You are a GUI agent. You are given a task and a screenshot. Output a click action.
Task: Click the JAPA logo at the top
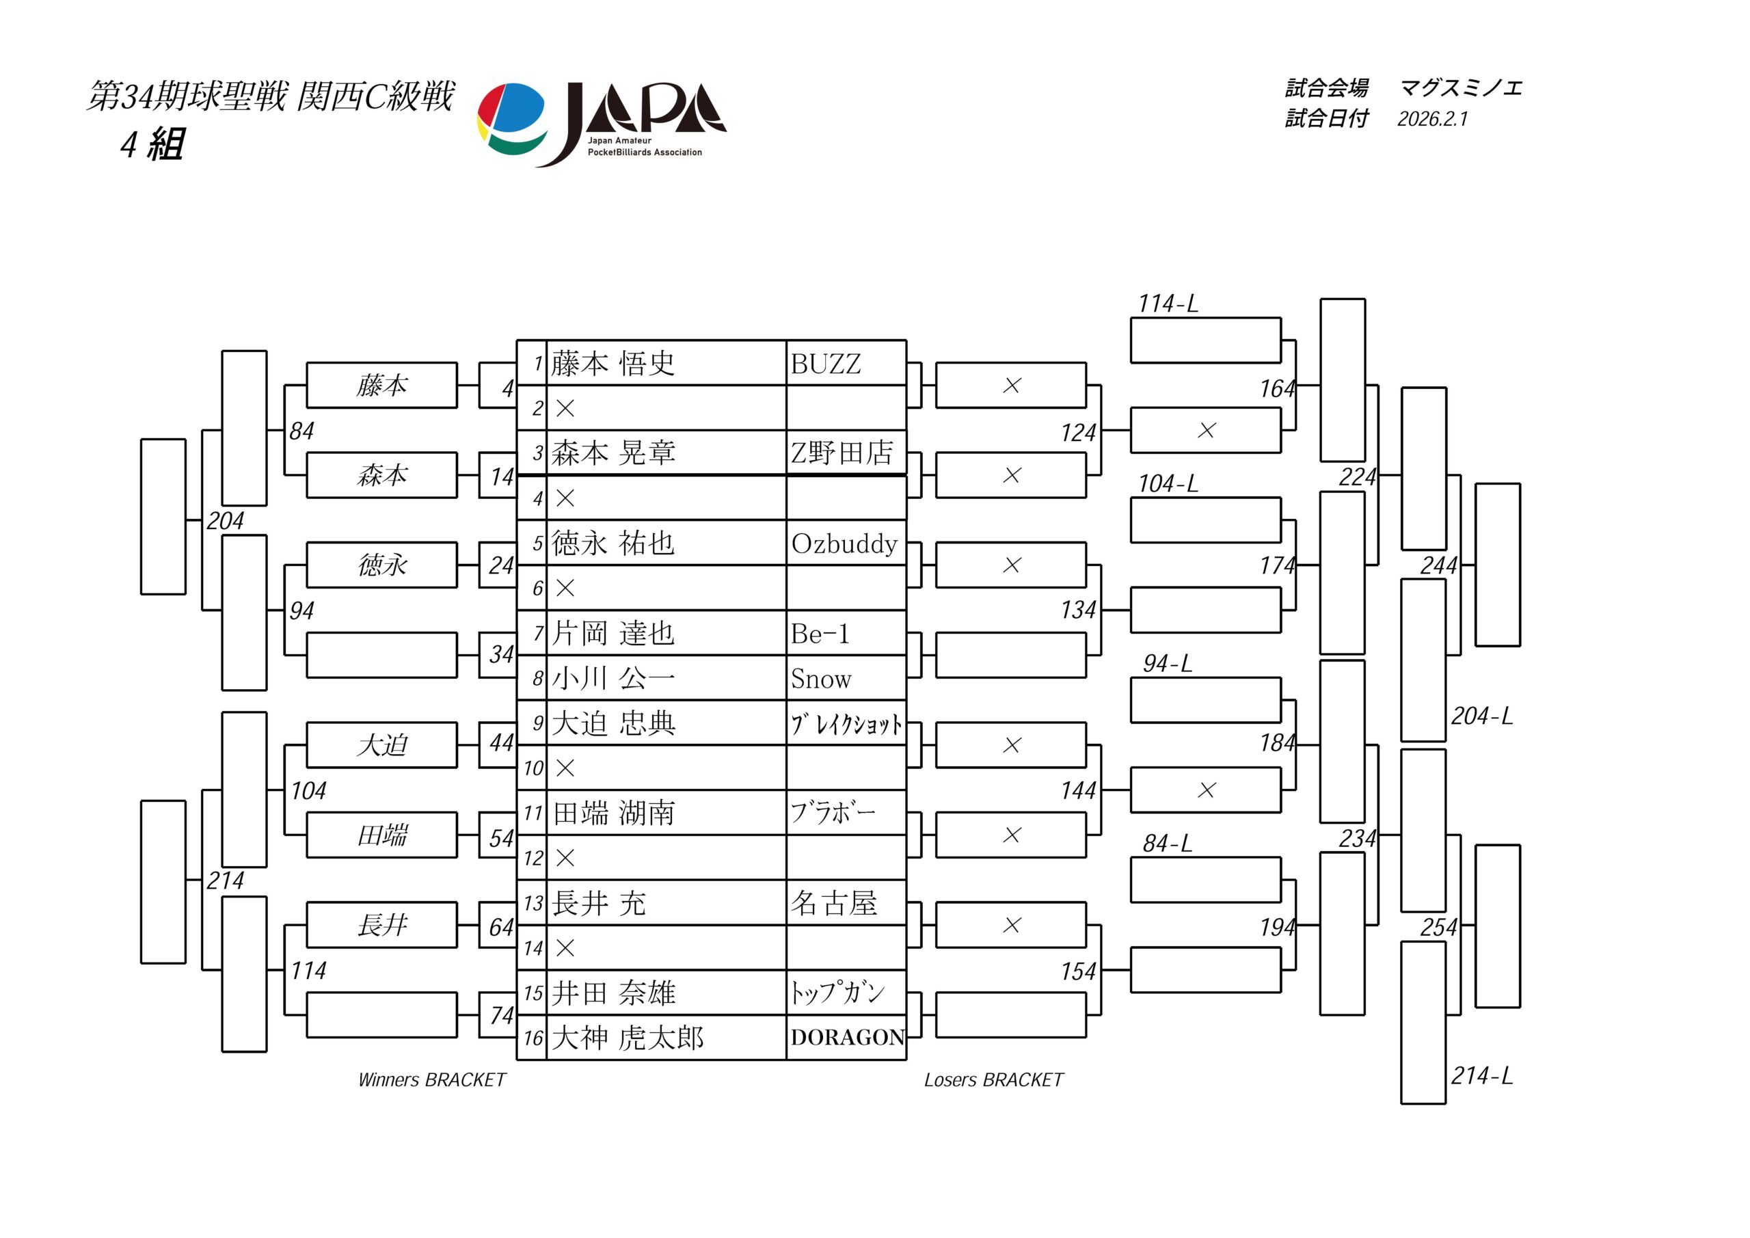pyautogui.click(x=602, y=124)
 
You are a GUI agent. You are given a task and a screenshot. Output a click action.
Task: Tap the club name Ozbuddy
pyautogui.click(x=844, y=543)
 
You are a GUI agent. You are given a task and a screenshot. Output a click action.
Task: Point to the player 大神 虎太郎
pyautogui.click(x=627, y=1038)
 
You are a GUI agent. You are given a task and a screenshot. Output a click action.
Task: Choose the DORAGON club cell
pyautogui.click(x=847, y=1038)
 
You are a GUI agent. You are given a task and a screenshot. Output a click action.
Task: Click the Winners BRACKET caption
pyautogui.click(x=431, y=1079)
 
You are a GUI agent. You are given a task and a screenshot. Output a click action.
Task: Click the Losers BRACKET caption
pyautogui.click(x=993, y=1079)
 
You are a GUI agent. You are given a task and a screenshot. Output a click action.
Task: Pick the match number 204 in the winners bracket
pyautogui.click(x=225, y=521)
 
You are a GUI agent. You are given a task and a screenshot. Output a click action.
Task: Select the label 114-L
pyautogui.click(x=1167, y=304)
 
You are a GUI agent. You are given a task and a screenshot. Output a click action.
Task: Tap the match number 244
pyautogui.click(x=1438, y=565)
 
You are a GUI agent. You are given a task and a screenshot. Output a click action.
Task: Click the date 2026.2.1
pyautogui.click(x=1432, y=119)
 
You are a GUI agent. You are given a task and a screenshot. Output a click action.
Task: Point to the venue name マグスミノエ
pyautogui.click(x=1460, y=88)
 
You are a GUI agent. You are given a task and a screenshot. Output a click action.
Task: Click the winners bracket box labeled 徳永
pyautogui.click(x=382, y=565)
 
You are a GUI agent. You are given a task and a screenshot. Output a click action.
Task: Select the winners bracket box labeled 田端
pyautogui.click(x=382, y=835)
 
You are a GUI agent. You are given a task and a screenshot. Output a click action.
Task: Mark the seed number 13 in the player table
pyautogui.click(x=533, y=903)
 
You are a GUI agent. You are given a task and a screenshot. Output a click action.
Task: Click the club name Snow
pyautogui.click(x=821, y=678)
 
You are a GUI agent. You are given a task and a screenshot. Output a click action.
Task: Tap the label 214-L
pyautogui.click(x=1481, y=1075)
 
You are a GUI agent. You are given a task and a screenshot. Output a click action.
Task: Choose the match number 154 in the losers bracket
pyautogui.click(x=1078, y=971)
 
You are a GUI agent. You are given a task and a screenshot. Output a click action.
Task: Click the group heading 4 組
pyautogui.click(x=152, y=144)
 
